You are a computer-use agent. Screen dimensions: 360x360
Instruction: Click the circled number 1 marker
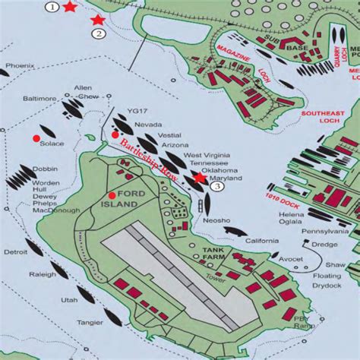tap(51, 7)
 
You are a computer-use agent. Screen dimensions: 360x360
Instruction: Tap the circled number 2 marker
tap(99, 33)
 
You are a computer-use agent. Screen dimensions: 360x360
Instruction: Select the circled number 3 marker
tap(217, 186)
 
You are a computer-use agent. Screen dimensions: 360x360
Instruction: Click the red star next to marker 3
tap(199, 177)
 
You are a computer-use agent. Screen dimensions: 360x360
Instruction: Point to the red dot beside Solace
tap(36, 137)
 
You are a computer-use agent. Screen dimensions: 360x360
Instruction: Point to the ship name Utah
tap(69, 300)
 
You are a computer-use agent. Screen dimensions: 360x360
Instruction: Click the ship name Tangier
tap(91, 322)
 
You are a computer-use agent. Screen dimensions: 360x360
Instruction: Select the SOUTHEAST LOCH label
tap(322, 118)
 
